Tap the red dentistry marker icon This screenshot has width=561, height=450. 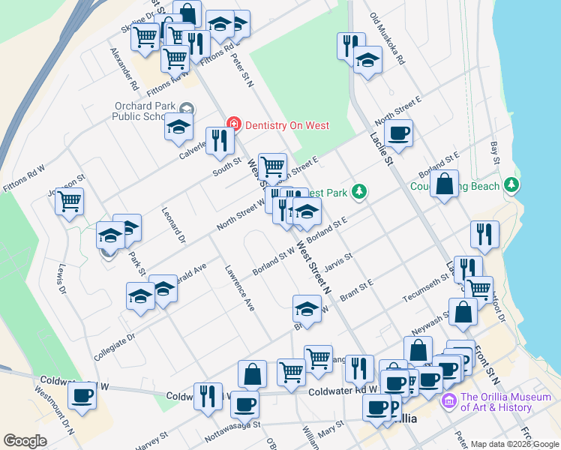[x=234, y=124]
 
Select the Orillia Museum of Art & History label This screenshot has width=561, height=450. [x=496, y=402]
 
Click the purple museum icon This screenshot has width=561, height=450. [x=449, y=401]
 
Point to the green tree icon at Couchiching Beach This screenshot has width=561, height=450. [x=511, y=184]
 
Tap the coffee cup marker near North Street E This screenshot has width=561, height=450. [x=398, y=133]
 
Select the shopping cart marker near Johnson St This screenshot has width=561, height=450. [x=70, y=201]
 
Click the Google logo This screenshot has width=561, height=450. [x=25, y=441]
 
